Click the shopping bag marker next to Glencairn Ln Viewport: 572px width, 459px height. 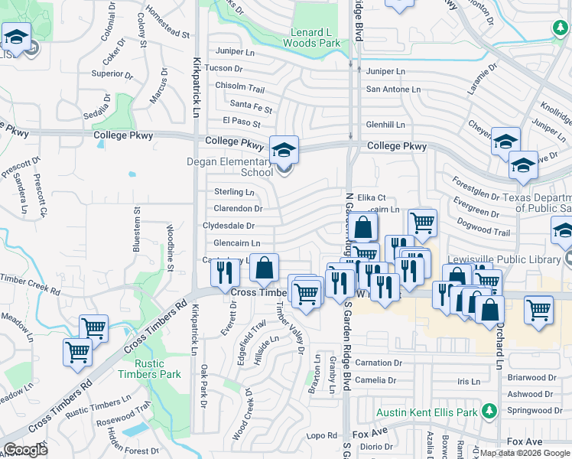coord(264,269)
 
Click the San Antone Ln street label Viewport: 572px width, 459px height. coord(393,90)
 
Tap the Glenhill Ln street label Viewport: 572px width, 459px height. coord(385,124)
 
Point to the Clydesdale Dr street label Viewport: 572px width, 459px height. coord(228,226)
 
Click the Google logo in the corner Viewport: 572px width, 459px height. coord(25,450)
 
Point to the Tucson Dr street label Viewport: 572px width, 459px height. coord(224,68)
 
